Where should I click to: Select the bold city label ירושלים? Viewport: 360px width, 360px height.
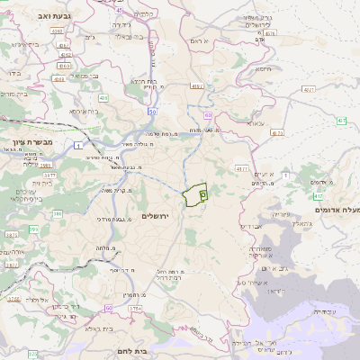(156, 216)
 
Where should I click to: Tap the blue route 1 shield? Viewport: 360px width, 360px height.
(79, 145)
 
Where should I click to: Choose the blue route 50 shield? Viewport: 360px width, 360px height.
(153, 112)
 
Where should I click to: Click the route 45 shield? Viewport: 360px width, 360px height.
(59, 66)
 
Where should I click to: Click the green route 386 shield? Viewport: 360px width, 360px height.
(56, 214)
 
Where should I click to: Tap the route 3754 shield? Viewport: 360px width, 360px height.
(134, 309)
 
